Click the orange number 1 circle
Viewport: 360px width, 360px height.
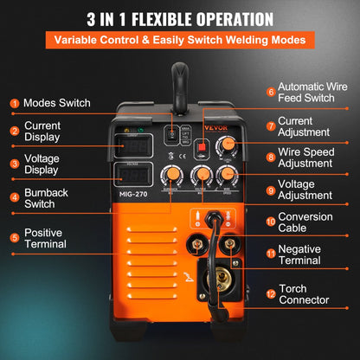[13, 103]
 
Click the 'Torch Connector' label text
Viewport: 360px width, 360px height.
[305, 294]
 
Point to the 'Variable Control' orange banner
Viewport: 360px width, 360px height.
[179, 41]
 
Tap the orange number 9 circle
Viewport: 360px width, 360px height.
[270, 191]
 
